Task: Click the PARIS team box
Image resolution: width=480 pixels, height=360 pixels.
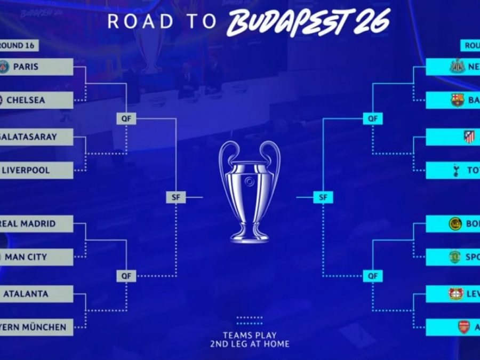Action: (36, 67)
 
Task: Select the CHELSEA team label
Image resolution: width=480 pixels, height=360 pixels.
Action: (36, 100)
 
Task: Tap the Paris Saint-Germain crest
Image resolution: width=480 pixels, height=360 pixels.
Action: (4, 67)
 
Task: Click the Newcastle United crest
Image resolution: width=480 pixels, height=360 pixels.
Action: (457, 67)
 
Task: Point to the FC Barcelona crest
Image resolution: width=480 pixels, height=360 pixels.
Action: (457, 100)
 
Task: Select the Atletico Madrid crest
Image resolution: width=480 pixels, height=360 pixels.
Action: (468, 137)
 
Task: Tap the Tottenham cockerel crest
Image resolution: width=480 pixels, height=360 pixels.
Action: (457, 170)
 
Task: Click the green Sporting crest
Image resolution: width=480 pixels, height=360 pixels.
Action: (455, 257)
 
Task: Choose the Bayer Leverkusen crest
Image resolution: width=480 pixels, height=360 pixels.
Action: (456, 294)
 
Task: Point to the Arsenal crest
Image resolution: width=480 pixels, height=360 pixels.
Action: (463, 327)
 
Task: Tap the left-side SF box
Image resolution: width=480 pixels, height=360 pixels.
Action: (175, 198)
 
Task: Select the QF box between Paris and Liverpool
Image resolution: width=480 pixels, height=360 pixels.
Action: (126, 119)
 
